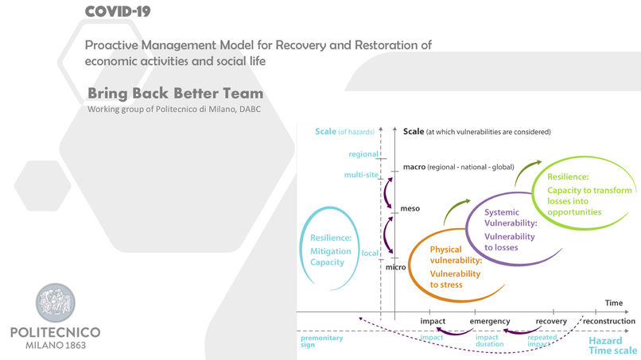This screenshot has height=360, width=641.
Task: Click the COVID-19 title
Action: pos(117,11)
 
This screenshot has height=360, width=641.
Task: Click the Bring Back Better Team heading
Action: pos(175,93)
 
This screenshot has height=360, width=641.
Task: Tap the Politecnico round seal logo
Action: pos(56,303)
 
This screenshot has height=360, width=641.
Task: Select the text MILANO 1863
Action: pos(56,345)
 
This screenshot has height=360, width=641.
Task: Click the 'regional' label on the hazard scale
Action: pos(363,154)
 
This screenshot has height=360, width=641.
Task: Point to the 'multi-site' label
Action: pos(361,175)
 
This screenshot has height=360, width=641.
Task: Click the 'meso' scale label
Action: pos(410,208)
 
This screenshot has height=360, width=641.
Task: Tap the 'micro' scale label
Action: pos(395,267)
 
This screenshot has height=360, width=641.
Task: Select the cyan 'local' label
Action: pos(369,254)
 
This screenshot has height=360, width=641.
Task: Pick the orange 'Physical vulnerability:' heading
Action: pos(456,254)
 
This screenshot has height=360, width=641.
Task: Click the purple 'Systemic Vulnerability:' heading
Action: pos(511,218)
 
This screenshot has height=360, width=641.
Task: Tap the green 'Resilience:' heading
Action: pos(568,177)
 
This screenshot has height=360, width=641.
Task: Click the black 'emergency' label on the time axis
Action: pos(490,322)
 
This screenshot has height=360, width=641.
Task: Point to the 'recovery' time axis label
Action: pos(550,322)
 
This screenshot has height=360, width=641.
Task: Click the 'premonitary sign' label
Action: pos(322,341)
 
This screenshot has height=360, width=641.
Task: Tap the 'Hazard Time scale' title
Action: pos(612,345)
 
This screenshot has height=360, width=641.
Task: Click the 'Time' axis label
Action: pos(613,303)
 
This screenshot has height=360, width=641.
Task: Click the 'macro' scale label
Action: pos(414,167)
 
